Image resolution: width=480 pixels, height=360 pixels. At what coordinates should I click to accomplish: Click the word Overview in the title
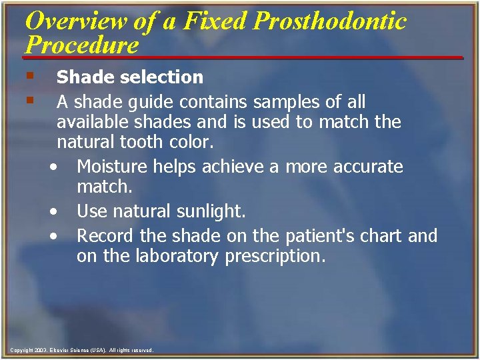tap(74, 21)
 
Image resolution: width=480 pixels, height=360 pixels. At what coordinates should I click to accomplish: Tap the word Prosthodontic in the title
tap(330, 21)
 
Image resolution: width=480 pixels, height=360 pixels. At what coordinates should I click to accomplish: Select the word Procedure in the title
tap(81, 45)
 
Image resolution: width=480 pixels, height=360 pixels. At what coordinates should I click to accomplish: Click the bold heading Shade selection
tap(129, 77)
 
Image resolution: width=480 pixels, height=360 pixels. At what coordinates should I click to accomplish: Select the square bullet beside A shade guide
tap(29, 101)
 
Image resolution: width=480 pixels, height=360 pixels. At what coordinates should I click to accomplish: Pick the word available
tap(96, 122)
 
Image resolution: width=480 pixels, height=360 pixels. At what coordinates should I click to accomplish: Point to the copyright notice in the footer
tap(81, 350)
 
